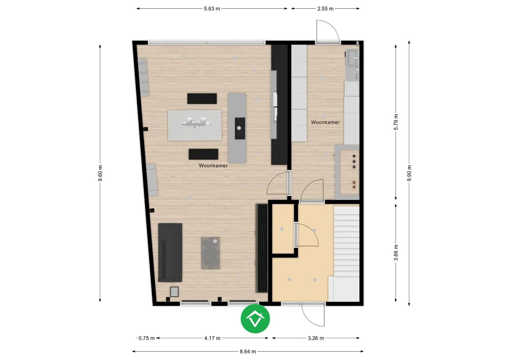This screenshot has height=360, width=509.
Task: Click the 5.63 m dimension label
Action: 212,9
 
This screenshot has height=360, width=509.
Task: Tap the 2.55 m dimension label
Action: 325,9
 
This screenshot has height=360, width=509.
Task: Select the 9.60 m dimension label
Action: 100,173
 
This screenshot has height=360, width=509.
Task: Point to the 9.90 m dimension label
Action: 409,173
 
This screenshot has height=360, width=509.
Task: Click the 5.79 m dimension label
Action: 396,122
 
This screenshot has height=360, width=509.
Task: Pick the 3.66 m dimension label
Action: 396,253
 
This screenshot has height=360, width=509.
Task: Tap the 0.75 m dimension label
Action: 146,338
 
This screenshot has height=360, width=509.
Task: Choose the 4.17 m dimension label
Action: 212,338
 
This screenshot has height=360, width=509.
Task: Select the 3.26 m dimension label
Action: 316,338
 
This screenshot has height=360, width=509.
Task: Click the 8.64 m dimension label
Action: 248,352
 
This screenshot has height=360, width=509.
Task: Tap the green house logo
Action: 255,319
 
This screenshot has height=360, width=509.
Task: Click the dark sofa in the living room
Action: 170,252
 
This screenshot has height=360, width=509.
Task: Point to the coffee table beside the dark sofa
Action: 210,253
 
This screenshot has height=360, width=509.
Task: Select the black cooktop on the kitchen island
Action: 239,128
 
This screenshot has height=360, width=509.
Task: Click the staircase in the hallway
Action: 347,248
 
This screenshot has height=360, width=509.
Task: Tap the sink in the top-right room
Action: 352,58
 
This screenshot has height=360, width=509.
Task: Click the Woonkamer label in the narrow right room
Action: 325,122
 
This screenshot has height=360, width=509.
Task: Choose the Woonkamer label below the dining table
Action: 214,165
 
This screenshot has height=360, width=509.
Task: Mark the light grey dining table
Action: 195,125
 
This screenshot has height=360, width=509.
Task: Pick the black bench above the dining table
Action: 202,98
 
